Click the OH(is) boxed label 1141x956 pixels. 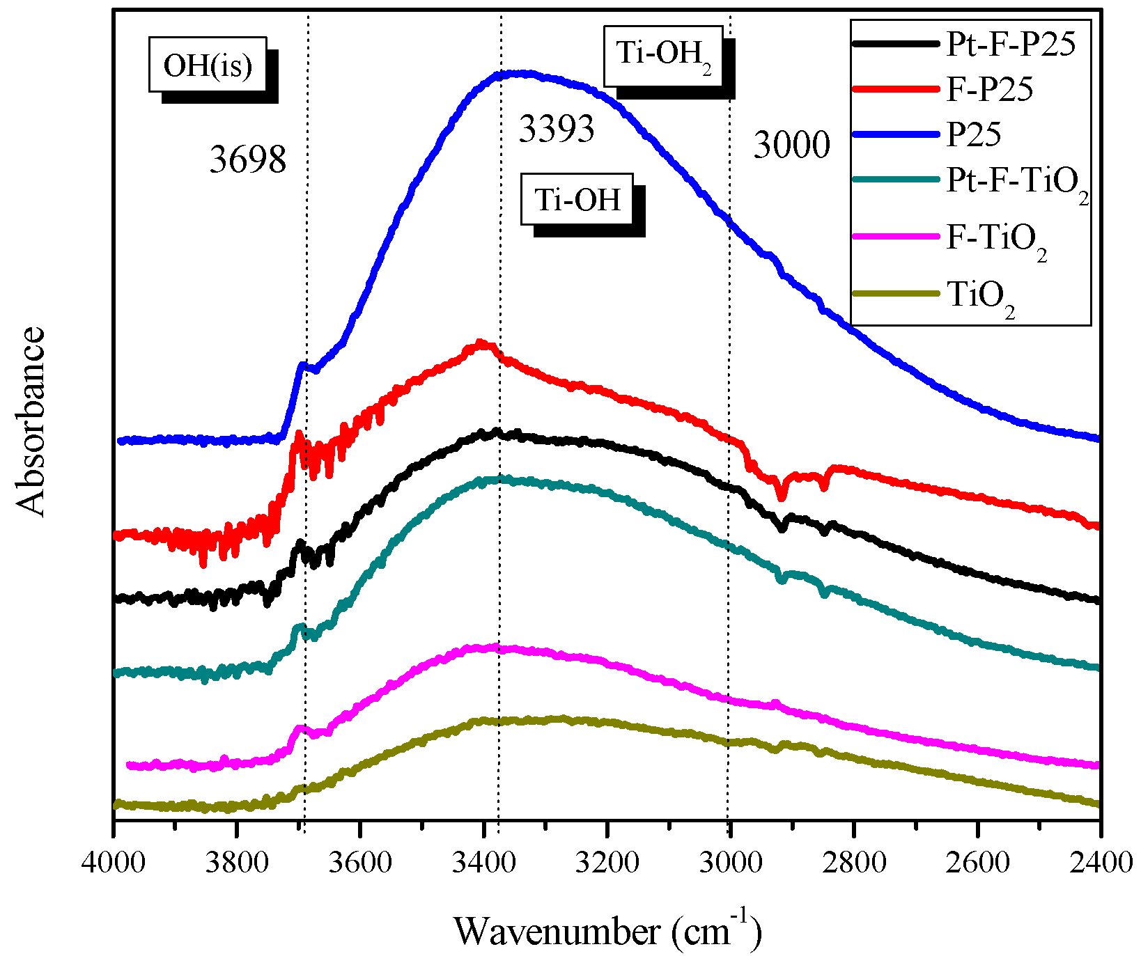pyautogui.click(x=208, y=65)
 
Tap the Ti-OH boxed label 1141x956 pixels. pyautogui.click(x=577, y=200)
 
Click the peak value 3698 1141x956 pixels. pyautogui.click(x=248, y=159)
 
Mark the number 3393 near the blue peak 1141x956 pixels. pyautogui.click(x=557, y=129)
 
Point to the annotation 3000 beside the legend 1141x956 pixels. pyautogui.click(x=792, y=146)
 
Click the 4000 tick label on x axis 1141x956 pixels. pyautogui.click(x=114, y=862)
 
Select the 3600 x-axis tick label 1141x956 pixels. pyautogui.click(x=360, y=862)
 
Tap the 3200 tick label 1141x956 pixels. pyautogui.click(x=607, y=862)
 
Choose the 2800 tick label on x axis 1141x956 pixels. pyautogui.click(x=853, y=862)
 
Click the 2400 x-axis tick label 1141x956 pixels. pyautogui.click(x=1099, y=862)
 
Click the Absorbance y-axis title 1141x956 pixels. pyautogui.click(x=31, y=422)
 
